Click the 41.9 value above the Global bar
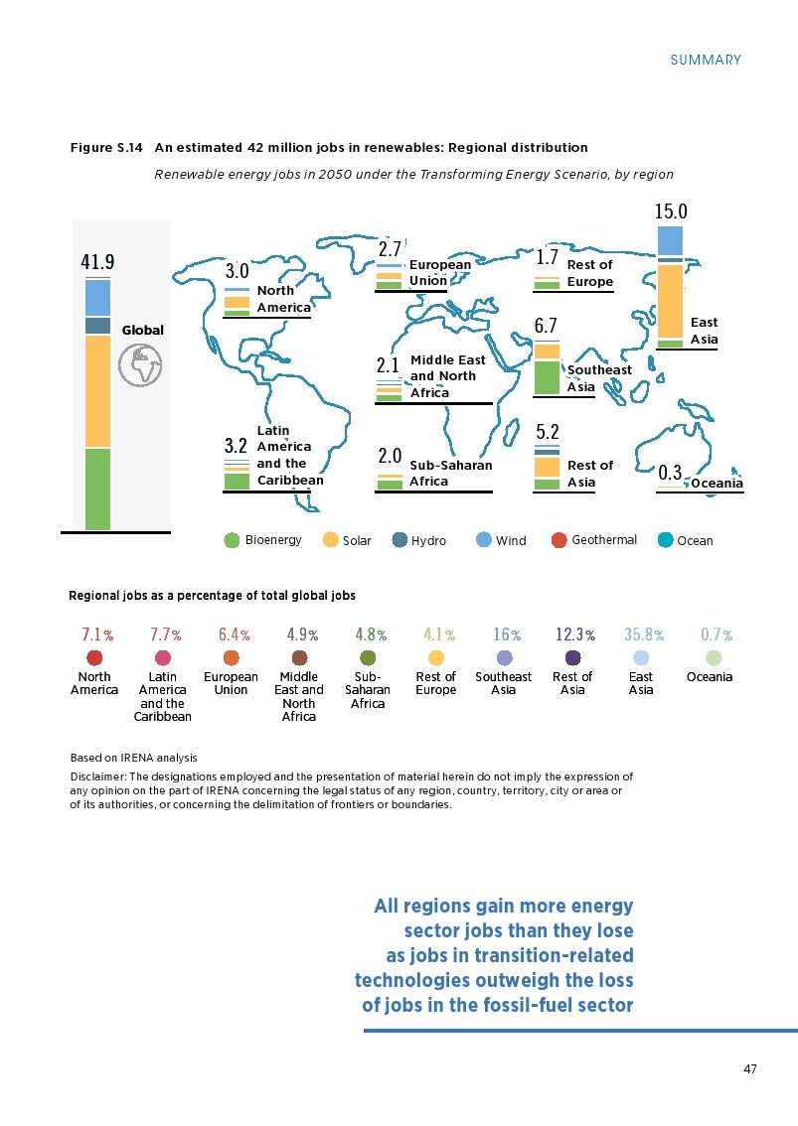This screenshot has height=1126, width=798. click(97, 262)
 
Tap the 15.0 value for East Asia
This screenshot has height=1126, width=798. click(671, 211)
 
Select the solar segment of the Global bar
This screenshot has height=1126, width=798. click(97, 390)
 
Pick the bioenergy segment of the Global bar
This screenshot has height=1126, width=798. click(97, 489)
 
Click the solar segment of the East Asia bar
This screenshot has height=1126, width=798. click(671, 301)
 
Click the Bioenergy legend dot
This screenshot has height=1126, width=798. click(232, 540)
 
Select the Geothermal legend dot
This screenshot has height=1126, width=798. click(559, 540)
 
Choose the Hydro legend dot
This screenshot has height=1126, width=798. click(400, 540)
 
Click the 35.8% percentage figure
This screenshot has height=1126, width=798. click(643, 633)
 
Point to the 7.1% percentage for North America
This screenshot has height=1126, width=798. click(96, 633)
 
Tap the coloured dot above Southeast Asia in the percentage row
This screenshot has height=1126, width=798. click(504, 658)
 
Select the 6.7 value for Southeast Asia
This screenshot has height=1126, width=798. click(546, 326)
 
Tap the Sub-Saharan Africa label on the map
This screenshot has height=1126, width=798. click(450, 473)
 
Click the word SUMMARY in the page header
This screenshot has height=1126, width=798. click(706, 60)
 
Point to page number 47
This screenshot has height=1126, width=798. click(750, 1068)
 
